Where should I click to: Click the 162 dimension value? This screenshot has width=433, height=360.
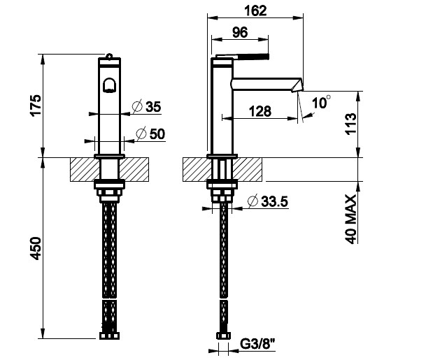pyautogui.click(x=255, y=10)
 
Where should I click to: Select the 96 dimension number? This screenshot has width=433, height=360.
pyautogui.click(x=240, y=33)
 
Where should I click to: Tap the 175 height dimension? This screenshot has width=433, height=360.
pyautogui.click(x=36, y=106)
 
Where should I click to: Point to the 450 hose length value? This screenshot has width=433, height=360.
pyautogui.click(x=36, y=248)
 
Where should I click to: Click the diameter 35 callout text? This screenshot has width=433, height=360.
pyautogui.click(x=147, y=107)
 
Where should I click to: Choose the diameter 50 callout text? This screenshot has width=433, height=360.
pyautogui.click(x=151, y=134)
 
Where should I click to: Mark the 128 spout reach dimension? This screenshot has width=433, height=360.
pyautogui.click(x=260, y=111)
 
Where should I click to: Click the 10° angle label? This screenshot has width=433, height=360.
pyautogui.click(x=321, y=102)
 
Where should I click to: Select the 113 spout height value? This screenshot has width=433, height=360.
pyautogui.click(x=351, y=123)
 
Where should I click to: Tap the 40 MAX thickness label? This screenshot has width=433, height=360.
pyautogui.click(x=351, y=219)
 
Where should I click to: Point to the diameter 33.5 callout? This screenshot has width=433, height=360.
pyautogui.click(x=268, y=201)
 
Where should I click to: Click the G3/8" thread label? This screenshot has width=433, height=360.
pyautogui.click(x=257, y=344)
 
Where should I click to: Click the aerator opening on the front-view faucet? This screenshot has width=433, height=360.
pyautogui.click(x=109, y=85)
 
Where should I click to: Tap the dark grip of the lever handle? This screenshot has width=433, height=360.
pyautogui.click(x=255, y=57)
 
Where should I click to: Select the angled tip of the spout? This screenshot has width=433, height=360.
pyautogui.click(x=297, y=85)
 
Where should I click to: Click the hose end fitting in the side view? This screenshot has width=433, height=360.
pyautogui.click(x=223, y=336)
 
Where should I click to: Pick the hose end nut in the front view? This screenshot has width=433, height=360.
pyautogui.click(x=109, y=336)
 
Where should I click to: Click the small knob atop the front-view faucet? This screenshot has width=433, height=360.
pyautogui.click(x=109, y=57)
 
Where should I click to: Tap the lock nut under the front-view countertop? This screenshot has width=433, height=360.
pyautogui.click(x=109, y=184)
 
